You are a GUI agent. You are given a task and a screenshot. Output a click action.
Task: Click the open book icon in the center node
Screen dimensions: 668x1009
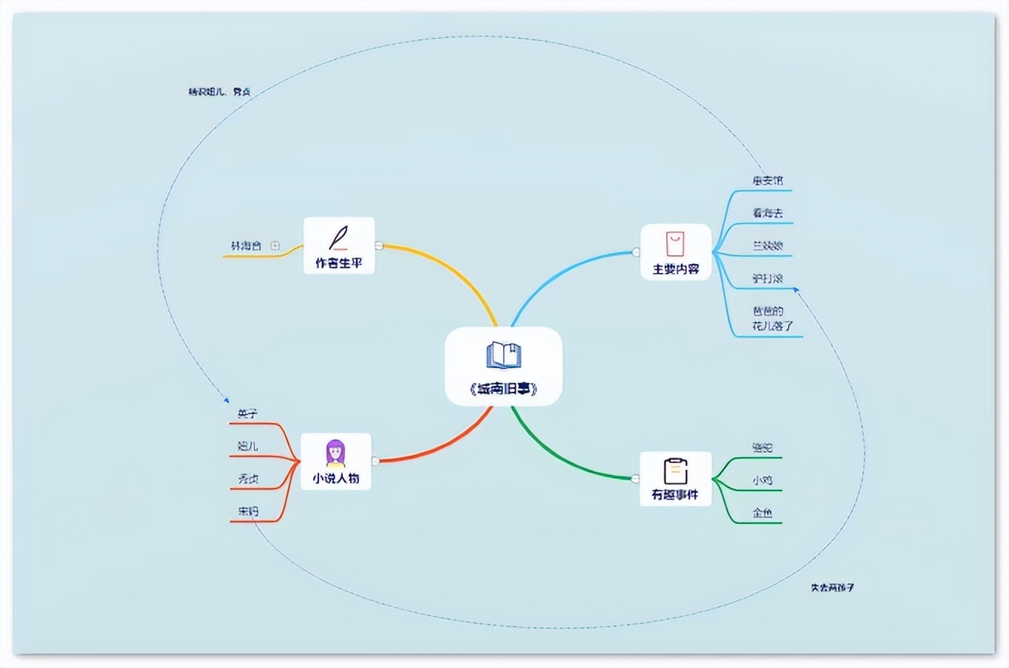point(504,356)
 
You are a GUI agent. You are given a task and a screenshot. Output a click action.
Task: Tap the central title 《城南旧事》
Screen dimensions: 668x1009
point(504,389)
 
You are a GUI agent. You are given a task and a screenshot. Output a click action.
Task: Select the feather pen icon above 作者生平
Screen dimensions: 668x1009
point(339,238)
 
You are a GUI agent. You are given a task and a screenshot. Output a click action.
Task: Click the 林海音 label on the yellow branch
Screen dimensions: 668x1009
point(246,246)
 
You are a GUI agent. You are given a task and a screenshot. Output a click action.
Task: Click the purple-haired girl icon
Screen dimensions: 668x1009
point(336,453)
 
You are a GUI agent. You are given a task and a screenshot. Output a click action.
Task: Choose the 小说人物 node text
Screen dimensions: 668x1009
point(336,479)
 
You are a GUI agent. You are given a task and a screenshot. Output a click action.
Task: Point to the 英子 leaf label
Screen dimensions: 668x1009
point(248,414)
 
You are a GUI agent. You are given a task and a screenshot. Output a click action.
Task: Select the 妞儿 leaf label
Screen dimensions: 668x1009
point(248,446)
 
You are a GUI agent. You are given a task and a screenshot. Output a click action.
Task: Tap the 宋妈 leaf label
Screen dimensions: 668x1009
point(248,511)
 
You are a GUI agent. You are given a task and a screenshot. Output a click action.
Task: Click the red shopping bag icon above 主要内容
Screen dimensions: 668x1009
point(675,243)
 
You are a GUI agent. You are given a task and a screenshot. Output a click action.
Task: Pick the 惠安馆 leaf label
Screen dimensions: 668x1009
point(767,180)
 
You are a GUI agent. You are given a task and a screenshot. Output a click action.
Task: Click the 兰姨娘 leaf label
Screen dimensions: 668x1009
point(767,246)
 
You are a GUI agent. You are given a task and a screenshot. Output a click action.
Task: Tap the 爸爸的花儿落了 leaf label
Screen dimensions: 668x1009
point(772,318)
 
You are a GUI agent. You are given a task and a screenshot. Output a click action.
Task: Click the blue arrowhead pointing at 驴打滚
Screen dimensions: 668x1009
point(796,289)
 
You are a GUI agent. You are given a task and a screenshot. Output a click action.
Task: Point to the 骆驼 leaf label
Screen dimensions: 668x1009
point(762,448)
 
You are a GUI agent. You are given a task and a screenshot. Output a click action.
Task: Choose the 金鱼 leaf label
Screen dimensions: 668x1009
point(762,513)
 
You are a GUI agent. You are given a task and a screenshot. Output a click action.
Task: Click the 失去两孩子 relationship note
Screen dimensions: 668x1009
point(832,587)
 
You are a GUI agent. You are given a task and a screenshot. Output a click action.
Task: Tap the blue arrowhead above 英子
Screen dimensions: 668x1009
point(227,400)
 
